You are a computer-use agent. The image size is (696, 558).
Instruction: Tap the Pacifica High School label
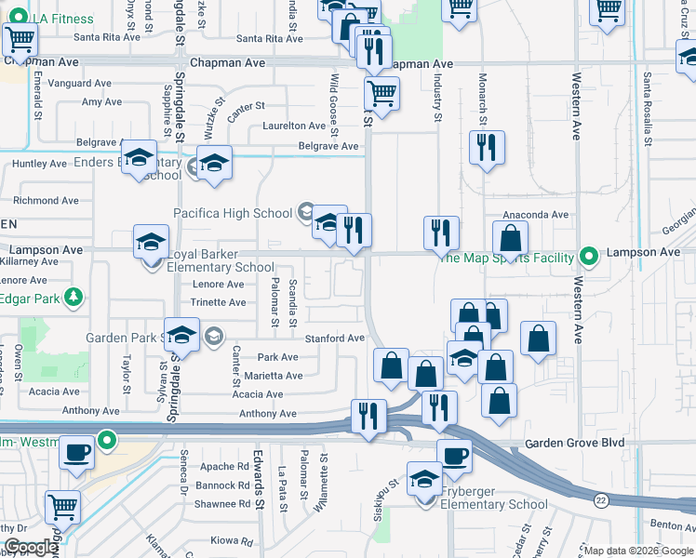click(233, 213)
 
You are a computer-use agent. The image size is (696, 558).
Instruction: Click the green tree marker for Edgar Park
click(71, 298)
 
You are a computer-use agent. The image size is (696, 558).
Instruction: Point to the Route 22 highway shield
click(601, 500)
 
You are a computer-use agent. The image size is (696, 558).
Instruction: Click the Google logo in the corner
click(30, 547)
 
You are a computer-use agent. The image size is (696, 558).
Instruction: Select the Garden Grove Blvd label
click(574, 444)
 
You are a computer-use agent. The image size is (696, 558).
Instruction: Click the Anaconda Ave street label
click(535, 215)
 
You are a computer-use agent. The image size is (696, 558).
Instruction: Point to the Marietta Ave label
click(274, 376)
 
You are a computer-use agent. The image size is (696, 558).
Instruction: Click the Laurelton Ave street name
click(294, 126)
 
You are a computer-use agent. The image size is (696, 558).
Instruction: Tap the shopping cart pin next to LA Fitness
click(20, 40)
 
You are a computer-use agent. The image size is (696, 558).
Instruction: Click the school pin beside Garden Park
click(182, 335)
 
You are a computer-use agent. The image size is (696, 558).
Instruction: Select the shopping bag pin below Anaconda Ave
click(510, 238)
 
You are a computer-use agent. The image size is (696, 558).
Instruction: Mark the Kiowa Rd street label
click(231, 540)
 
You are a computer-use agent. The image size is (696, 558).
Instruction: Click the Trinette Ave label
click(218, 302)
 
